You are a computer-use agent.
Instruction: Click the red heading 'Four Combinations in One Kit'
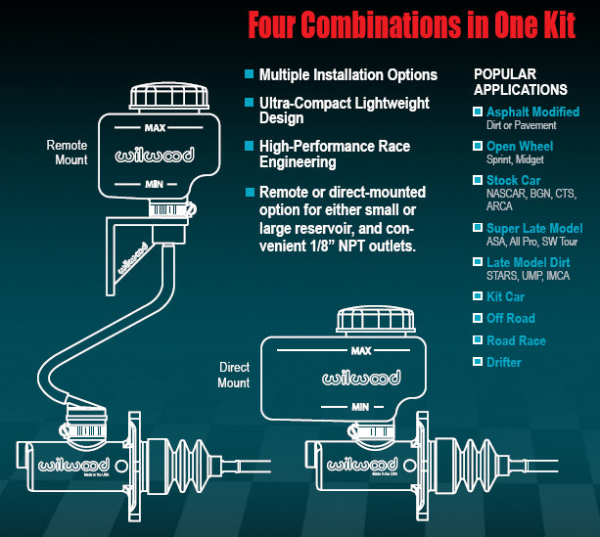point(412,24)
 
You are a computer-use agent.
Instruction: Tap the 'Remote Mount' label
point(67,153)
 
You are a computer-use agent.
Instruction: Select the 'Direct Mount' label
point(234,375)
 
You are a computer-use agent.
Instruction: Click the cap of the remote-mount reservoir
point(169,97)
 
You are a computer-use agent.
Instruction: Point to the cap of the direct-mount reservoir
point(376,320)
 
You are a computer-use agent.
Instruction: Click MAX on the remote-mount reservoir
point(155,128)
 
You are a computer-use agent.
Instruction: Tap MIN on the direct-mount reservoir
point(360,407)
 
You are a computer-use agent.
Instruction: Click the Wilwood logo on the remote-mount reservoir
point(155,156)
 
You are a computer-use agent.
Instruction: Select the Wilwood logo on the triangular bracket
point(133,258)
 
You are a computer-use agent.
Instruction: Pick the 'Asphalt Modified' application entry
point(532,112)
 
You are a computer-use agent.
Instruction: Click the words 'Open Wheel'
point(520,146)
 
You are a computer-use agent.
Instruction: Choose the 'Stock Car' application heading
point(514,180)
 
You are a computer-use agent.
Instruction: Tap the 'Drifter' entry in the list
point(503,362)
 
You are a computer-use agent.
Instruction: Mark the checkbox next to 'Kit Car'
point(478,295)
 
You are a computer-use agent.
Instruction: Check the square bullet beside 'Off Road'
point(478,318)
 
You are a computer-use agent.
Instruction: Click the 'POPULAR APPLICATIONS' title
point(521,82)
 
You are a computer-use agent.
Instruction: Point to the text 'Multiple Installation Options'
point(348,75)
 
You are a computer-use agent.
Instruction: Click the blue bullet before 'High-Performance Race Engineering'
point(250,146)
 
